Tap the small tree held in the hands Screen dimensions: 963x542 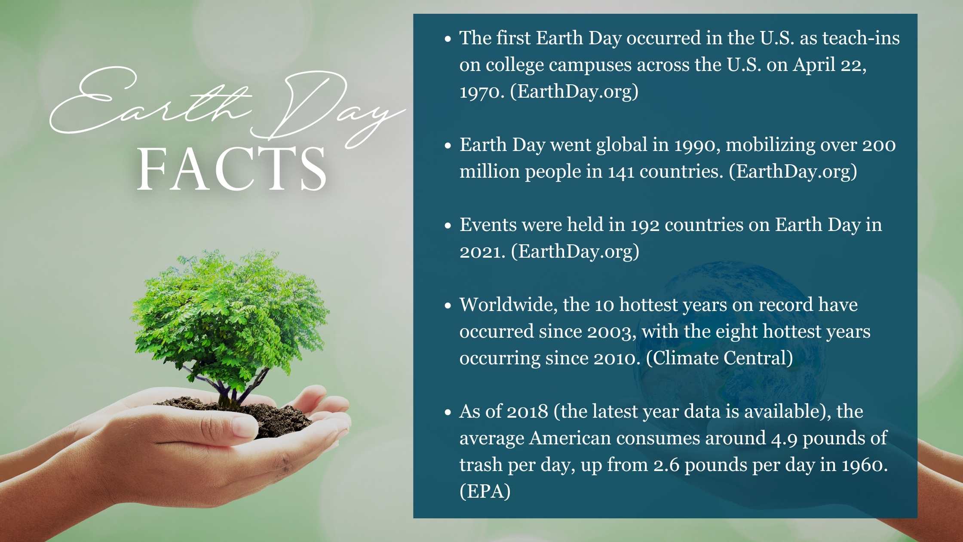(230, 318)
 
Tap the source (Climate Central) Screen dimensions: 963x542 (719, 358)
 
